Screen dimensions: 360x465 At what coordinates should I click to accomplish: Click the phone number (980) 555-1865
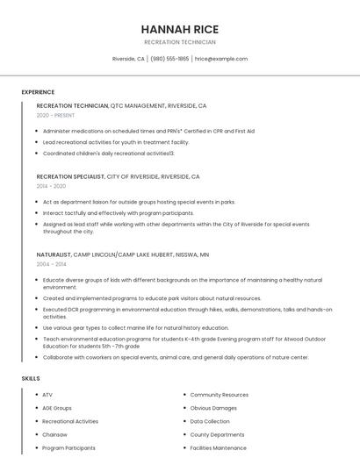(x=169, y=59)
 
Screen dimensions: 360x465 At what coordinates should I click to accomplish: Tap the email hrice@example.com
(x=221, y=59)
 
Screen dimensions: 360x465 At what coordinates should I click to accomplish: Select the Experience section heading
(x=38, y=91)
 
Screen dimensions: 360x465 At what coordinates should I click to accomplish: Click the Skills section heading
(x=30, y=378)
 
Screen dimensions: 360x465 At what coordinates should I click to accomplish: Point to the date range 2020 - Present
(x=55, y=115)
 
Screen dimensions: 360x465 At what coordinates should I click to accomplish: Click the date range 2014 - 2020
(x=51, y=186)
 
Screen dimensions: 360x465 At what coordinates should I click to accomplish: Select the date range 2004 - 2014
(x=51, y=263)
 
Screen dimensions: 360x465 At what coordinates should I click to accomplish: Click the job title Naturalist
(x=54, y=254)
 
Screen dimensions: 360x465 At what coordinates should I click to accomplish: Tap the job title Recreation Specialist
(x=70, y=176)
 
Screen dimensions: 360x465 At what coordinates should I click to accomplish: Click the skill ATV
(x=47, y=395)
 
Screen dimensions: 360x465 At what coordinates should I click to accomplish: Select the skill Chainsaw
(x=54, y=434)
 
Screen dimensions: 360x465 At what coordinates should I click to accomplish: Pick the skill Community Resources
(x=219, y=395)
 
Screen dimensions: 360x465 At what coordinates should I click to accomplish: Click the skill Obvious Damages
(x=213, y=408)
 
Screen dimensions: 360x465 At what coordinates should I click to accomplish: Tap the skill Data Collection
(x=209, y=421)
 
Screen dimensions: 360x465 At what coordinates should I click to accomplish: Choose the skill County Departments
(x=217, y=434)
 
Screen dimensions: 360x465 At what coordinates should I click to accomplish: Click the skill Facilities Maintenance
(x=218, y=447)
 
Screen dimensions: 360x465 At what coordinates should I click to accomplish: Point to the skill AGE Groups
(x=57, y=408)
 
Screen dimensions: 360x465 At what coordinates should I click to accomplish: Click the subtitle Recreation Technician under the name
(x=180, y=42)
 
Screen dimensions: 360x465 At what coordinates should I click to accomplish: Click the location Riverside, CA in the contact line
(x=128, y=59)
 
